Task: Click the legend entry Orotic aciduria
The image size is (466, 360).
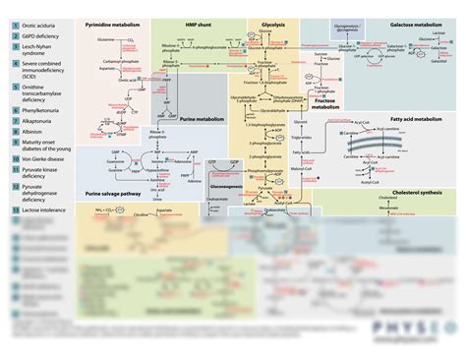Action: [38, 28]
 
